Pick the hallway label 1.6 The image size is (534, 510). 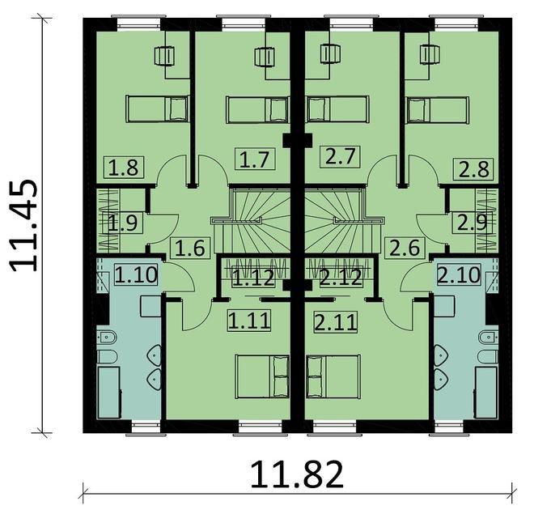point(186,249)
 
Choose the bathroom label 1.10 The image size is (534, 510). point(135,276)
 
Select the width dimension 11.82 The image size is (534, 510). point(296,474)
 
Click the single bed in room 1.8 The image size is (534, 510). point(157,107)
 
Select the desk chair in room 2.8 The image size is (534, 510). point(427,55)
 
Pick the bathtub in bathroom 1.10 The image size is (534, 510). point(108,393)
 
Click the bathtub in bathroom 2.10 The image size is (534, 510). point(486,393)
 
